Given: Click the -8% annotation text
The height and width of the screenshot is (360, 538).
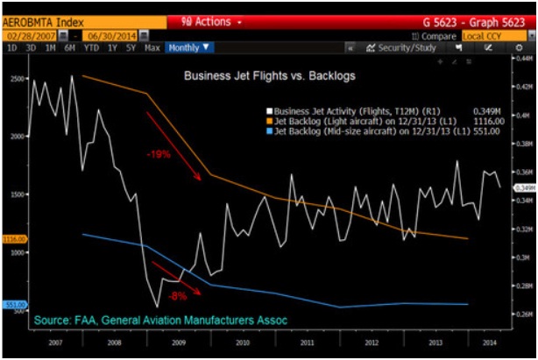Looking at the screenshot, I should coord(179,295).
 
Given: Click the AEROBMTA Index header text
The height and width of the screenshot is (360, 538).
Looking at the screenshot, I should coord(40,19).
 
